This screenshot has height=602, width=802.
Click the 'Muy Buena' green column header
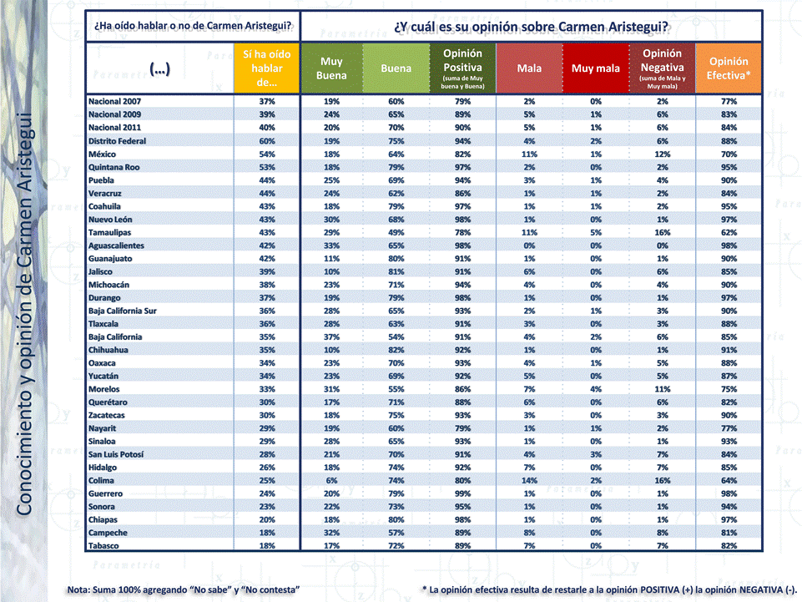click(x=331, y=68)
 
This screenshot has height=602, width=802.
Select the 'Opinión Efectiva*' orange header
click(x=728, y=68)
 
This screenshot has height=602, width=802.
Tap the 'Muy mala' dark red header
click(x=595, y=68)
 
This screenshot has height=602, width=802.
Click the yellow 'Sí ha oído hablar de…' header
click(x=266, y=68)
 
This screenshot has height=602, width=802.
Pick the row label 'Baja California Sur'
click(x=123, y=311)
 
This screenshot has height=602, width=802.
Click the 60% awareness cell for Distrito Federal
click(x=266, y=141)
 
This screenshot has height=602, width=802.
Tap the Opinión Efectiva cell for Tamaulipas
click(x=728, y=232)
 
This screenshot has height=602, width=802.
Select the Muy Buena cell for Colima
click(x=331, y=480)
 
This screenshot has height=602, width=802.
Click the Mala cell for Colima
click(x=529, y=480)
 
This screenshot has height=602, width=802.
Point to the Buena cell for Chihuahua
click(x=396, y=350)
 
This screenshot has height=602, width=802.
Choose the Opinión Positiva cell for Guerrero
click(x=462, y=493)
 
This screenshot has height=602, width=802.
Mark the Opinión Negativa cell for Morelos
click(x=662, y=389)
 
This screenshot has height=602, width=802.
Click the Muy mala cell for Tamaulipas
click(x=595, y=232)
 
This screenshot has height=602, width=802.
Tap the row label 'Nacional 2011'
click(x=114, y=128)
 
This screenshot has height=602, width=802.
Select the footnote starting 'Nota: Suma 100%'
click(x=183, y=589)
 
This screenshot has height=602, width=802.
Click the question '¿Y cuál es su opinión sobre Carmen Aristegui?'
click(x=532, y=26)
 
